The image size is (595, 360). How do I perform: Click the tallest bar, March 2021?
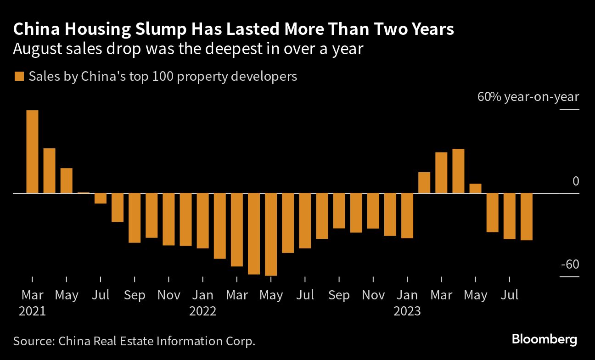32,152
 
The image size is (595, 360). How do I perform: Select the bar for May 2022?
271,234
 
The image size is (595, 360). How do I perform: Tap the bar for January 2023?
407,215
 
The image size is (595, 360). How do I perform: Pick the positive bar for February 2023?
424,182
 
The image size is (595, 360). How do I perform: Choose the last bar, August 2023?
527,216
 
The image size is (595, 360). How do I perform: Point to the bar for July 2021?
101,198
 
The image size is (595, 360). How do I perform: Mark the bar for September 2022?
339,210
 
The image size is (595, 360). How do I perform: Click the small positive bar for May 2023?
475,188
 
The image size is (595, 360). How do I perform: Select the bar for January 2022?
202,220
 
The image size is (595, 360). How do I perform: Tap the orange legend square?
19,76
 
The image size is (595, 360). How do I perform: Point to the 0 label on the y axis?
575,182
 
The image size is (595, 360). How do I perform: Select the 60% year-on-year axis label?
528,97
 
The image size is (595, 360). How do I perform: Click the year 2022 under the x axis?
202,311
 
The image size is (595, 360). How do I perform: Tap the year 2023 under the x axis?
407,311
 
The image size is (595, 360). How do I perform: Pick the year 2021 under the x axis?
32,311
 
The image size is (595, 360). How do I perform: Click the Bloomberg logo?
544,340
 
